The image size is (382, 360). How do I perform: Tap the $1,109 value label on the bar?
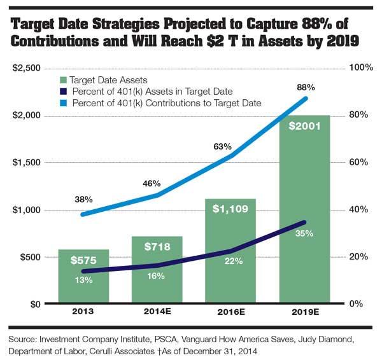tap(229, 211)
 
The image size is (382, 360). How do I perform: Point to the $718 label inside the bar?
tap(156, 246)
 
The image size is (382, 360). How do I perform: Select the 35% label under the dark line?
tap(303, 233)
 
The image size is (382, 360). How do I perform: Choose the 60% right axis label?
tap(361, 162)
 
